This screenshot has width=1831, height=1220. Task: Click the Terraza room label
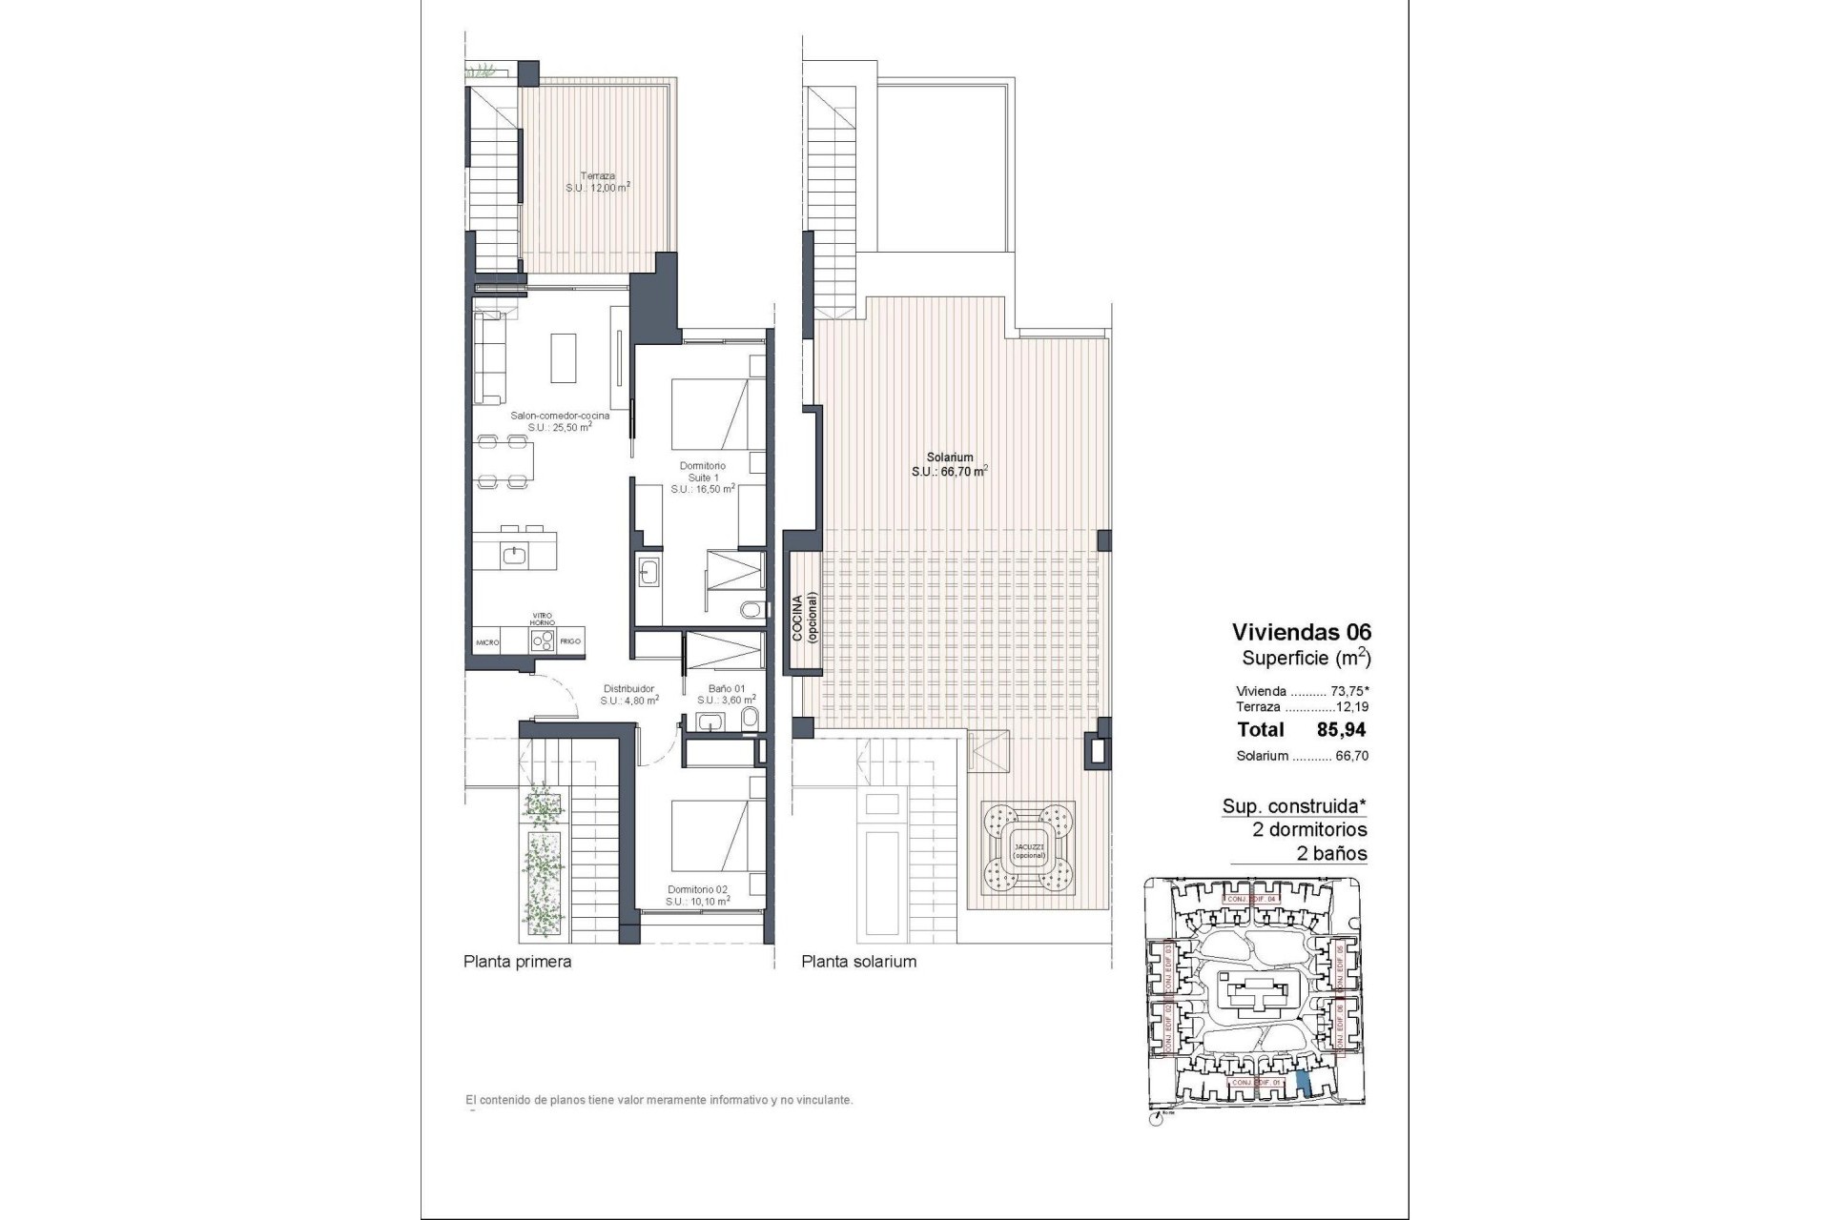pyautogui.click(x=597, y=182)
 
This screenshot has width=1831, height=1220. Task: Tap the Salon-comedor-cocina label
pyautogui.click(x=560, y=421)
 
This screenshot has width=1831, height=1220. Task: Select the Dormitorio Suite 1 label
pyautogui.click(x=702, y=478)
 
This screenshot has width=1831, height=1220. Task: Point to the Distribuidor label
pyautogui.click(x=629, y=694)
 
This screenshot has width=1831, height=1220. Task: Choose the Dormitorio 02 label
pyautogui.click(x=698, y=894)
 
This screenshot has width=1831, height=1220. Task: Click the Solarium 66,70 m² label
pyautogui.click(x=949, y=464)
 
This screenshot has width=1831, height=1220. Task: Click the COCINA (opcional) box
pyautogui.click(x=803, y=618)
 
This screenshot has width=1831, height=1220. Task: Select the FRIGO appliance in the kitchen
pyautogui.click(x=570, y=641)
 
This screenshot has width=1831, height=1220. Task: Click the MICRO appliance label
pyautogui.click(x=488, y=642)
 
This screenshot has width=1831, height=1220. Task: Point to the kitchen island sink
pyautogui.click(x=515, y=553)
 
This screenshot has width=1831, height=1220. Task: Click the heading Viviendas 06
pyautogui.click(x=1301, y=631)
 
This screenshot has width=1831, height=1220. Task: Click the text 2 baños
pyautogui.click(x=1331, y=854)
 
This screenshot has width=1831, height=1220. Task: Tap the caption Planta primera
pyautogui.click(x=517, y=962)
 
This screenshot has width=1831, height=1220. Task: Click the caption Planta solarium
pyautogui.click(x=858, y=962)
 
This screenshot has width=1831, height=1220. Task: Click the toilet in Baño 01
pyautogui.click(x=751, y=719)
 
